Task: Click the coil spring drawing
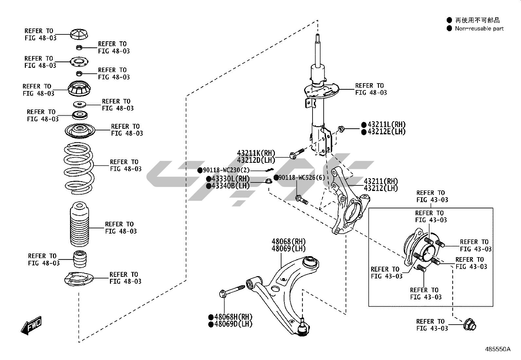pos(78,167)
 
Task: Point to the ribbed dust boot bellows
pos(80,225)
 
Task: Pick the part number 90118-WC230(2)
pos(226,170)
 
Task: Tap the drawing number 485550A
pos(497,349)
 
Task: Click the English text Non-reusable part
pos(479,28)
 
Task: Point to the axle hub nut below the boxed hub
pos(470,325)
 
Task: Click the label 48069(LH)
pos(289,249)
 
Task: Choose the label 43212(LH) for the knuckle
pos(381,189)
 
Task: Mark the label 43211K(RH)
pos(256,153)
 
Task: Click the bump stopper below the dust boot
pos(80,259)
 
